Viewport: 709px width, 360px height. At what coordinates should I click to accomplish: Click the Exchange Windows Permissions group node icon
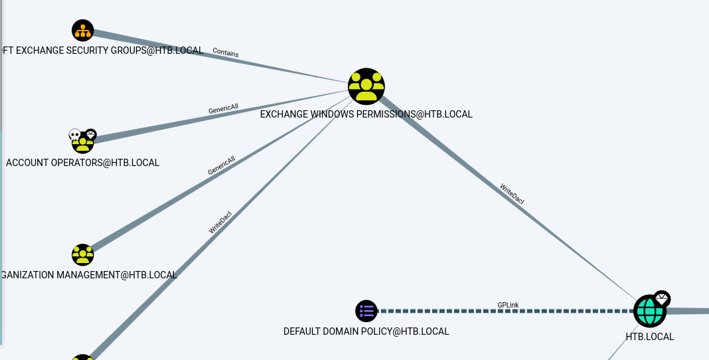coord(366,86)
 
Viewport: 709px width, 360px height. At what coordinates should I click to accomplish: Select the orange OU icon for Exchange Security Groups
coord(83,31)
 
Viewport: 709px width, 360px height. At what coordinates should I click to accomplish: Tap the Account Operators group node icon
coord(83,143)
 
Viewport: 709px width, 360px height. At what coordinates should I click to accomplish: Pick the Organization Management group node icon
coord(83,254)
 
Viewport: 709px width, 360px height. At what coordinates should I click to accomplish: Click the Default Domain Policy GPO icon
coord(366,310)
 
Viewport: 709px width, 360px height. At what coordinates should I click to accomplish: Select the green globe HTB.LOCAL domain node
coord(649,311)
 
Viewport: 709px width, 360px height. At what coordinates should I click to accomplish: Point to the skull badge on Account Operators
coord(75,135)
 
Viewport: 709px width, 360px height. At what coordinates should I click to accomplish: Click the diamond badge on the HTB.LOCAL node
coord(662,299)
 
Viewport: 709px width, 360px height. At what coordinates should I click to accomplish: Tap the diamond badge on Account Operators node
coord(91,134)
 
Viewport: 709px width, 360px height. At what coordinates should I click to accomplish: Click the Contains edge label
coord(226,52)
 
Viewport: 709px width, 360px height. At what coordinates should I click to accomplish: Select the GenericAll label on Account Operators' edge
coord(223,108)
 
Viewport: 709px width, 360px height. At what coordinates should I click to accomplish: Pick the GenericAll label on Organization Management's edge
coord(222,165)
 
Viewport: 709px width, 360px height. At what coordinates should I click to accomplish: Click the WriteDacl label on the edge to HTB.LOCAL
coord(512,199)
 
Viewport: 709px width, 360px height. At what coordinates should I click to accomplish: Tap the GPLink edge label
coord(508,305)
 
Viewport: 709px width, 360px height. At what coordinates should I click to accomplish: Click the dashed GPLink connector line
coord(451,311)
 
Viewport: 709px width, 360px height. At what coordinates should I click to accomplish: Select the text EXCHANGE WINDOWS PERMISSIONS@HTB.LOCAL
coord(366,114)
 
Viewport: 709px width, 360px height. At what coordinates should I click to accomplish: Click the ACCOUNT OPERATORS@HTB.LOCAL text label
coord(82,163)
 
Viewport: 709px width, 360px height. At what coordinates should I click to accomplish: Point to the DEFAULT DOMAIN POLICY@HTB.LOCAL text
coord(366,331)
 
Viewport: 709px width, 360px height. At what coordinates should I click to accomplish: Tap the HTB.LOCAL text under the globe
coord(649,337)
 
